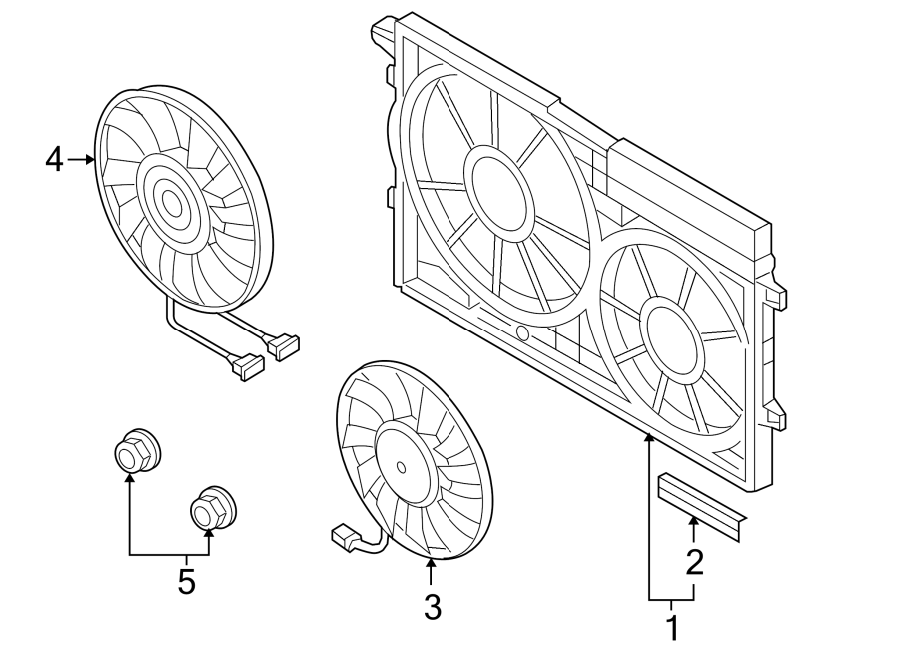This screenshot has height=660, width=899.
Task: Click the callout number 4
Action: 55,160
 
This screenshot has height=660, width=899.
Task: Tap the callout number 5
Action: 187,582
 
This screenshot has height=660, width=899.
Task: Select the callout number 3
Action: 433,607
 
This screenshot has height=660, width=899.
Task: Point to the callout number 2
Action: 694,562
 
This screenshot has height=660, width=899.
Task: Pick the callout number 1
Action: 673,628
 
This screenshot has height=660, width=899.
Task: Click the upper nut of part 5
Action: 137,450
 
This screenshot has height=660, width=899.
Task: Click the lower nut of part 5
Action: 213,509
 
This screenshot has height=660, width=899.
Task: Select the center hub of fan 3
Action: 402,467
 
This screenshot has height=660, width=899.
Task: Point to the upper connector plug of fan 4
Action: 282,346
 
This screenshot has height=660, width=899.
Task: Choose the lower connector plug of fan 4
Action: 247,367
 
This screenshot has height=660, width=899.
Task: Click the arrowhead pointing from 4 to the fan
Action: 90,160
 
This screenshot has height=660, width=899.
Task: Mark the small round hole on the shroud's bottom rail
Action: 522,332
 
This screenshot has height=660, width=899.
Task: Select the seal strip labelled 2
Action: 703,507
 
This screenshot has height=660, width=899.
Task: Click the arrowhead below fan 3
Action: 430,564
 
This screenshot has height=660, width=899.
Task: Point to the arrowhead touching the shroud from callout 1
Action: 649,439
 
